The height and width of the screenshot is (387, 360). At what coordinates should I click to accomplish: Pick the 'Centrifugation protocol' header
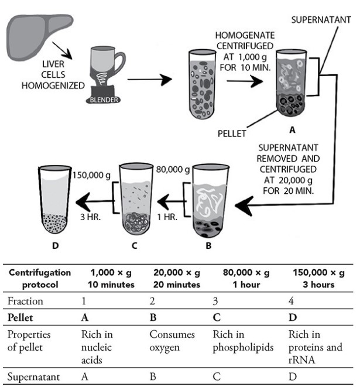coord(42,279)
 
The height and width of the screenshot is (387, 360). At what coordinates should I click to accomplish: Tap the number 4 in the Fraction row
coord(292,301)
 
